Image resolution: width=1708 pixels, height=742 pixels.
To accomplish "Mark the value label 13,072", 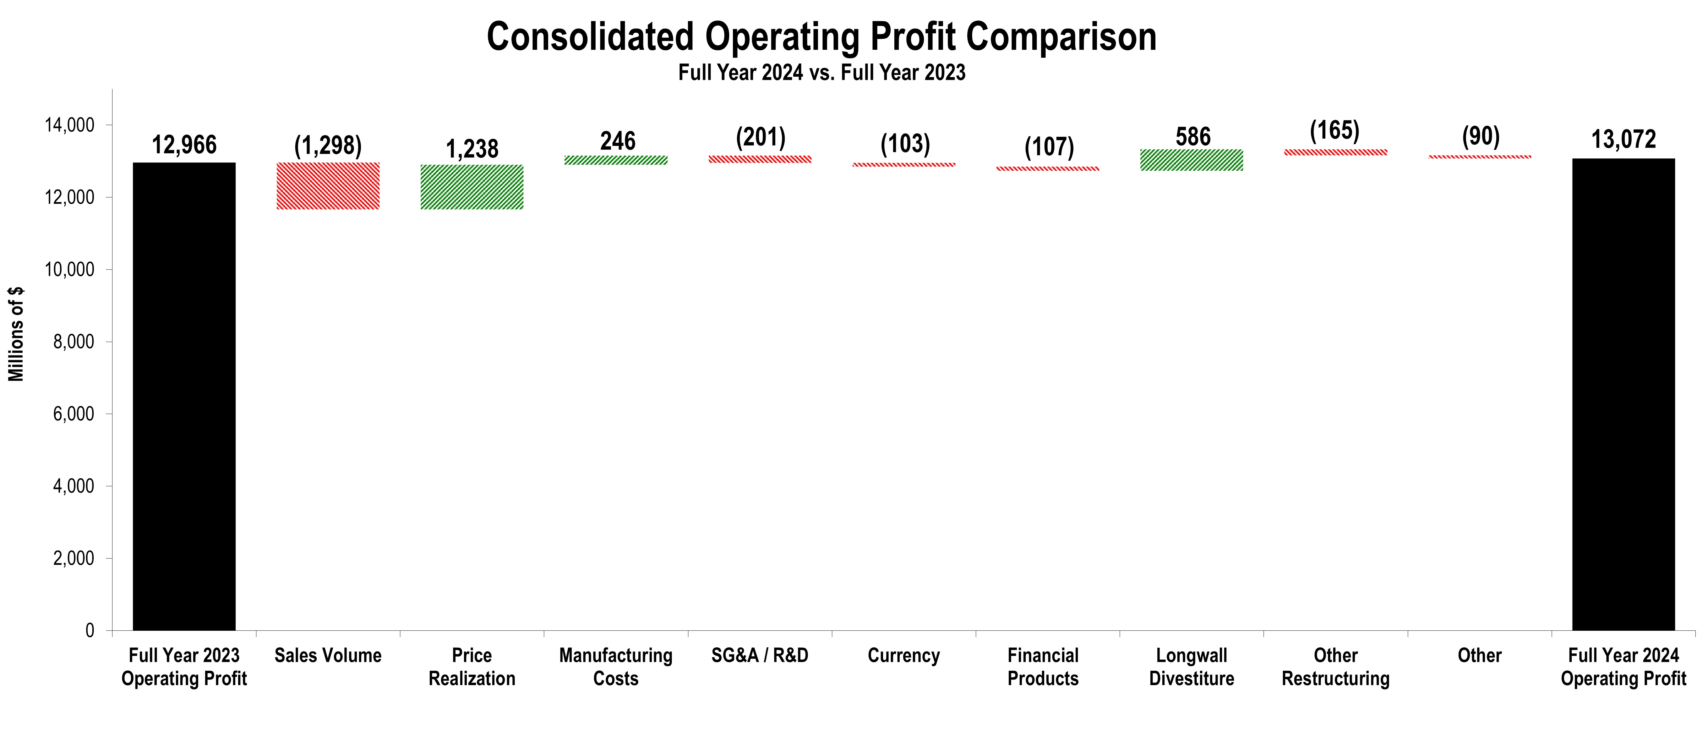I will pyautogui.click(x=1623, y=139).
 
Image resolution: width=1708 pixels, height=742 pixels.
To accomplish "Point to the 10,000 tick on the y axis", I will pyautogui.click(x=69, y=269).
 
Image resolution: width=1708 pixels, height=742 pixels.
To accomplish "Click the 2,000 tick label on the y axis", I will pyautogui.click(x=73, y=558).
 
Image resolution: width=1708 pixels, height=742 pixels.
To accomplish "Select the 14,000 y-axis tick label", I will pyautogui.click(x=69, y=125).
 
